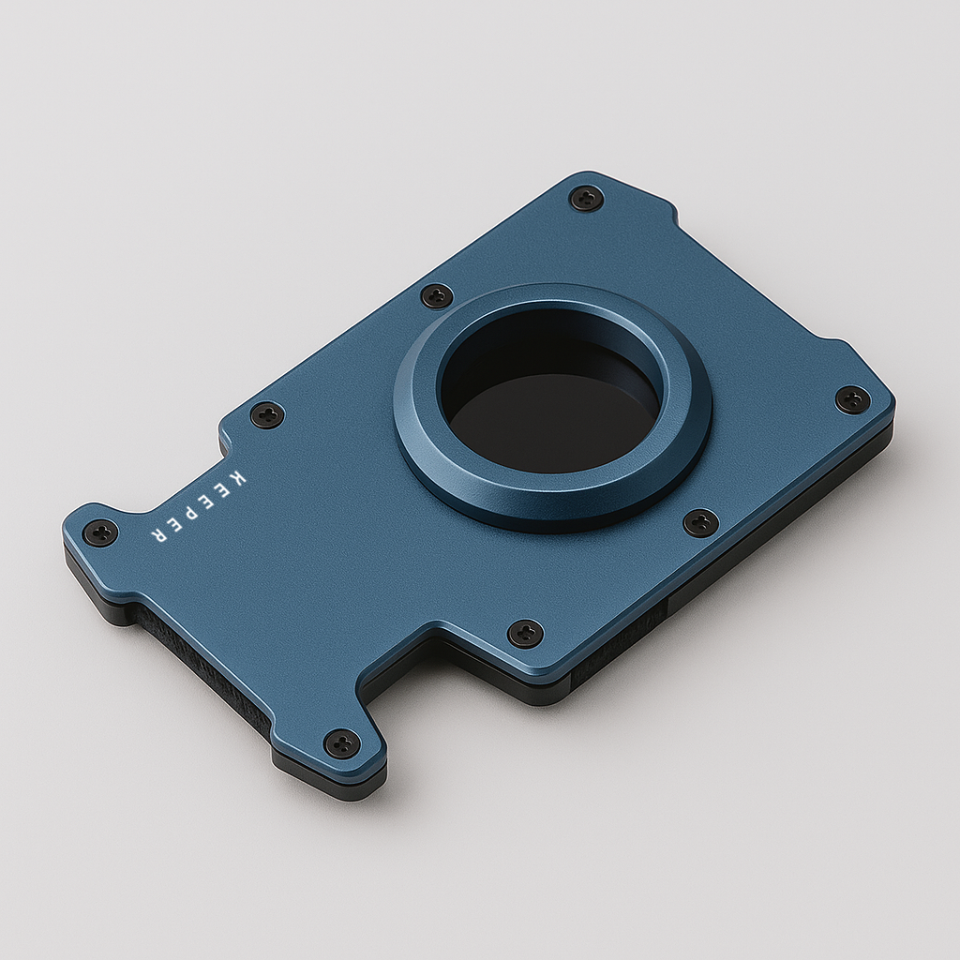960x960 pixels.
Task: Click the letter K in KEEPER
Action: (x=234, y=477)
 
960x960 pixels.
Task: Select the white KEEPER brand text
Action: (x=197, y=507)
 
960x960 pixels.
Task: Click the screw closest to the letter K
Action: (x=267, y=414)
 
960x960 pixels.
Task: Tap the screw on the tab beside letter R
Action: (x=99, y=532)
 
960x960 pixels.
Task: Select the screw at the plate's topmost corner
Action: (x=587, y=198)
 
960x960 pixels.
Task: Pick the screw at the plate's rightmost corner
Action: (x=852, y=399)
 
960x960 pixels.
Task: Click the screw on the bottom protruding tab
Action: (x=342, y=743)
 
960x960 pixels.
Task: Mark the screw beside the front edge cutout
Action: (x=525, y=633)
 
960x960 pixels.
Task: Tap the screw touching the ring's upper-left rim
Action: (x=437, y=296)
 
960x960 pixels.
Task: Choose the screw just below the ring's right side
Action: (x=700, y=522)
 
